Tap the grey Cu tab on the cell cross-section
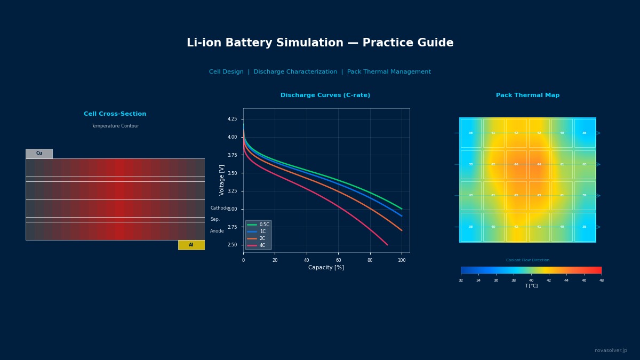[x=39, y=154]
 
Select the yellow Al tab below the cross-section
[x=191, y=245]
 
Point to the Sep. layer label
[x=215, y=219]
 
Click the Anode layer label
[x=217, y=231]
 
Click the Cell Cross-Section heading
[x=115, y=114]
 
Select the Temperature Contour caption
[x=115, y=126]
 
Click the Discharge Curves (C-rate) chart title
[x=325, y=95]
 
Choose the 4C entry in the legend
[x=262, y=245]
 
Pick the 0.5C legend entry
[x=264, y=225]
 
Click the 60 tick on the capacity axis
[x=338, y=260]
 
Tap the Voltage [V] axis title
[x=222, y=180]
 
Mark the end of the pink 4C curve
[x=387, y=245]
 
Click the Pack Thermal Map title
[x=527, y=95]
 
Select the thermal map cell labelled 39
[x=584, y=196]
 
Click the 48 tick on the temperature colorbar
[x=601, y=281]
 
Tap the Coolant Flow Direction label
[x=527, y=260]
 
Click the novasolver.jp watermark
[x=611, y=350]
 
